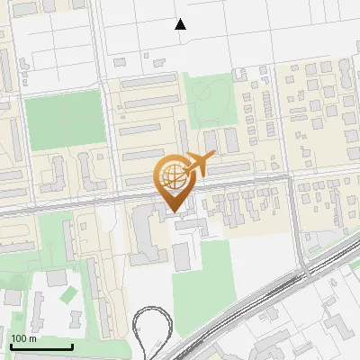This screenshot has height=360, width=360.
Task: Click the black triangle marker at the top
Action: (x=181, y=24)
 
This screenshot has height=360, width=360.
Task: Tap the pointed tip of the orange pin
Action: (x=174, y=212)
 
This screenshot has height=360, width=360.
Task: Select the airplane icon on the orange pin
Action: (x=199, y=164)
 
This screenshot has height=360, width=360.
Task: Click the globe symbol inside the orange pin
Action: (x=174, y=177)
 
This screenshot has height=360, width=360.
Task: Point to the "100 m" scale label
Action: (x=23, y=338)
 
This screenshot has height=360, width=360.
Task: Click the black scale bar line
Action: (x=41, y=346)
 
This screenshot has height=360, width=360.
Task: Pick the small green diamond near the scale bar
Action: (x=69, y=293)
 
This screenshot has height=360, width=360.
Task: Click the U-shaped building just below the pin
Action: (x=143, y=234)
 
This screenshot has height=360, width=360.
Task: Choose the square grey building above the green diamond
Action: (x=58, y=277)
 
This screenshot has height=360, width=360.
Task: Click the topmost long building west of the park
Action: (x=149, y=80)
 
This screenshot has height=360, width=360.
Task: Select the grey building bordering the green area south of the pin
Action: (x=182, y=256)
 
